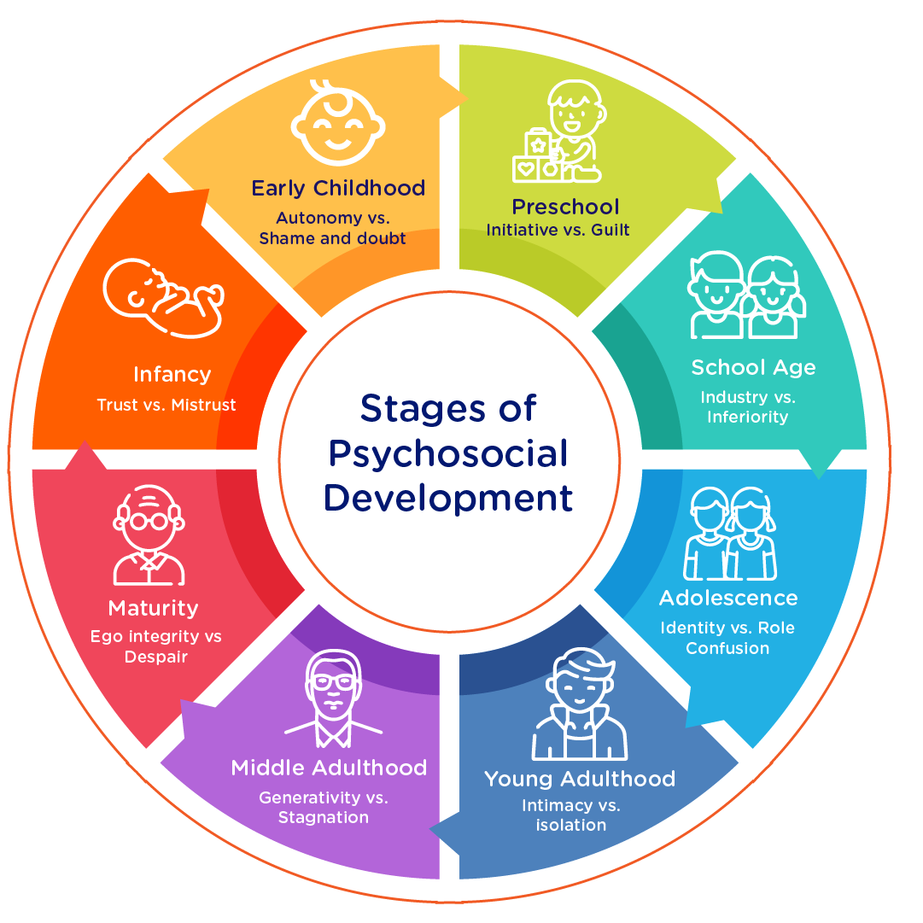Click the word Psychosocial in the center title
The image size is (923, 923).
[448, 453]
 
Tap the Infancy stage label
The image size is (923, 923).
[172, 374]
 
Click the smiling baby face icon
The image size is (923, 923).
[337, 125]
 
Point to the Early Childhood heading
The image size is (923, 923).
[338, 188]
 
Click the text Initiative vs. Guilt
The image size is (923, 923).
[558, 230]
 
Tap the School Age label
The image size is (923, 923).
[753, 367]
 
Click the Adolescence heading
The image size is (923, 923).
[728, 598]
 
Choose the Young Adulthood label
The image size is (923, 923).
[580, 779]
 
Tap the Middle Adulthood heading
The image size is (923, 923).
[329, 768]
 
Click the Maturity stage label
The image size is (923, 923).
[153, 608]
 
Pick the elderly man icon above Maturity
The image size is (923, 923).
[150, 535]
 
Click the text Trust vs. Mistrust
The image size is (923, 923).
[166, 405]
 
